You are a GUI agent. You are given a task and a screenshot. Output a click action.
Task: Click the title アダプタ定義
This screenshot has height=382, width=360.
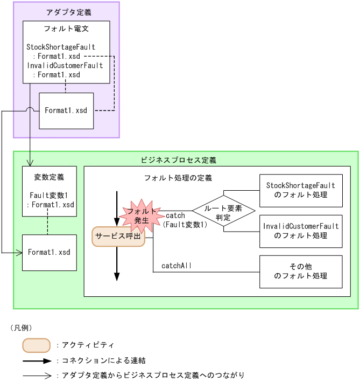(x=66, y=12)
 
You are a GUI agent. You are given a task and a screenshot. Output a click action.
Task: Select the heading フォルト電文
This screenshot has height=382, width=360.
(x=66, y=29)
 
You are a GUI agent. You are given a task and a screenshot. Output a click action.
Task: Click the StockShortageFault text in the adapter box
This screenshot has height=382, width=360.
(x=60, y=47)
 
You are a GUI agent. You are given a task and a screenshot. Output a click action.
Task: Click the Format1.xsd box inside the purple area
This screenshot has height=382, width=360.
(x=66, y=110)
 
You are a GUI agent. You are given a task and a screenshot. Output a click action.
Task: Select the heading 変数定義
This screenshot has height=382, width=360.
(x=49, y=177)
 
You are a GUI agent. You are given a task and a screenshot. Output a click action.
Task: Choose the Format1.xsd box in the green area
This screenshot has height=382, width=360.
(x=49, y=252)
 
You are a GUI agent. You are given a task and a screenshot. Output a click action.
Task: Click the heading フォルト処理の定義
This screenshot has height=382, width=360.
(x=178, y=178)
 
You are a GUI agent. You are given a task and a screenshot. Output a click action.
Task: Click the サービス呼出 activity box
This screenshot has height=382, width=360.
(x=118, y=236)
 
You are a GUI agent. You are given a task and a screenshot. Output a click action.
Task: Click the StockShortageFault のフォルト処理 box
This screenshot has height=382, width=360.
(x=300, y=190)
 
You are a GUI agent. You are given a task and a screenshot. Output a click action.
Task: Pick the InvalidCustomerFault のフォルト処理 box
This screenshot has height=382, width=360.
(x=300, y=231)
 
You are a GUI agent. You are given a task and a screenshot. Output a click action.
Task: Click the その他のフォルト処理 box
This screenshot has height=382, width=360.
(x=300, y=272)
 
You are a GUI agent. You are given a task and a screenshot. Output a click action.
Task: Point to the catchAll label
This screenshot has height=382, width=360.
(x=176, y=266)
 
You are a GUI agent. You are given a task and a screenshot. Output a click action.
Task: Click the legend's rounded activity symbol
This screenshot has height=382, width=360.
(x=36, y=345)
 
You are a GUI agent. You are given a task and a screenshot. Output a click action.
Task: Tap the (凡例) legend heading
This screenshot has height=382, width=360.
(x=21, y=328)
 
